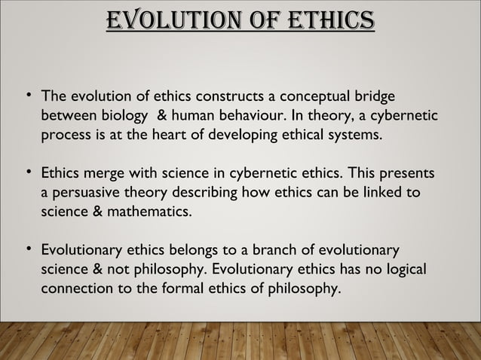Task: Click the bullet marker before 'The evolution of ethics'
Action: click(x=27, y=96)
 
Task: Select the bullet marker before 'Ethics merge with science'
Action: click(x=27, y=173)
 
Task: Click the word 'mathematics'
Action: click(x=152, y=213)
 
